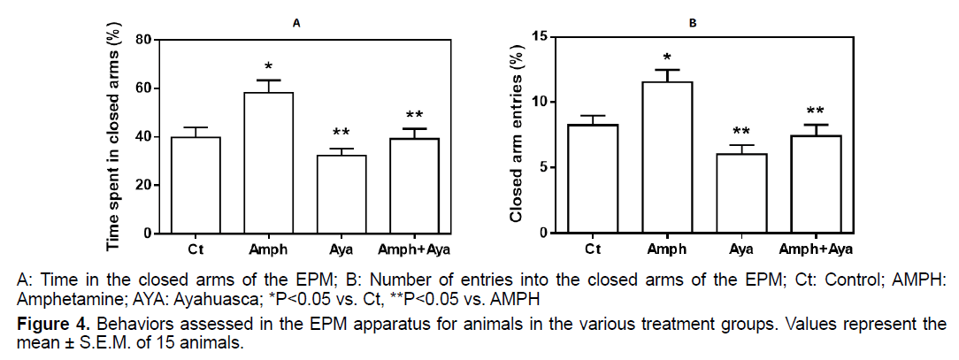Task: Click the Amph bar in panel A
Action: tap(274, 164)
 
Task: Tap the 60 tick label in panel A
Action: tap(141, 88)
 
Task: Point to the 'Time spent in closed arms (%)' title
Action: tap(113, 137)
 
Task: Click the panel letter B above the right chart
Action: tap(693, 23)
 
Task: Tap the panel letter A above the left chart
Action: tap(297, 23)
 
